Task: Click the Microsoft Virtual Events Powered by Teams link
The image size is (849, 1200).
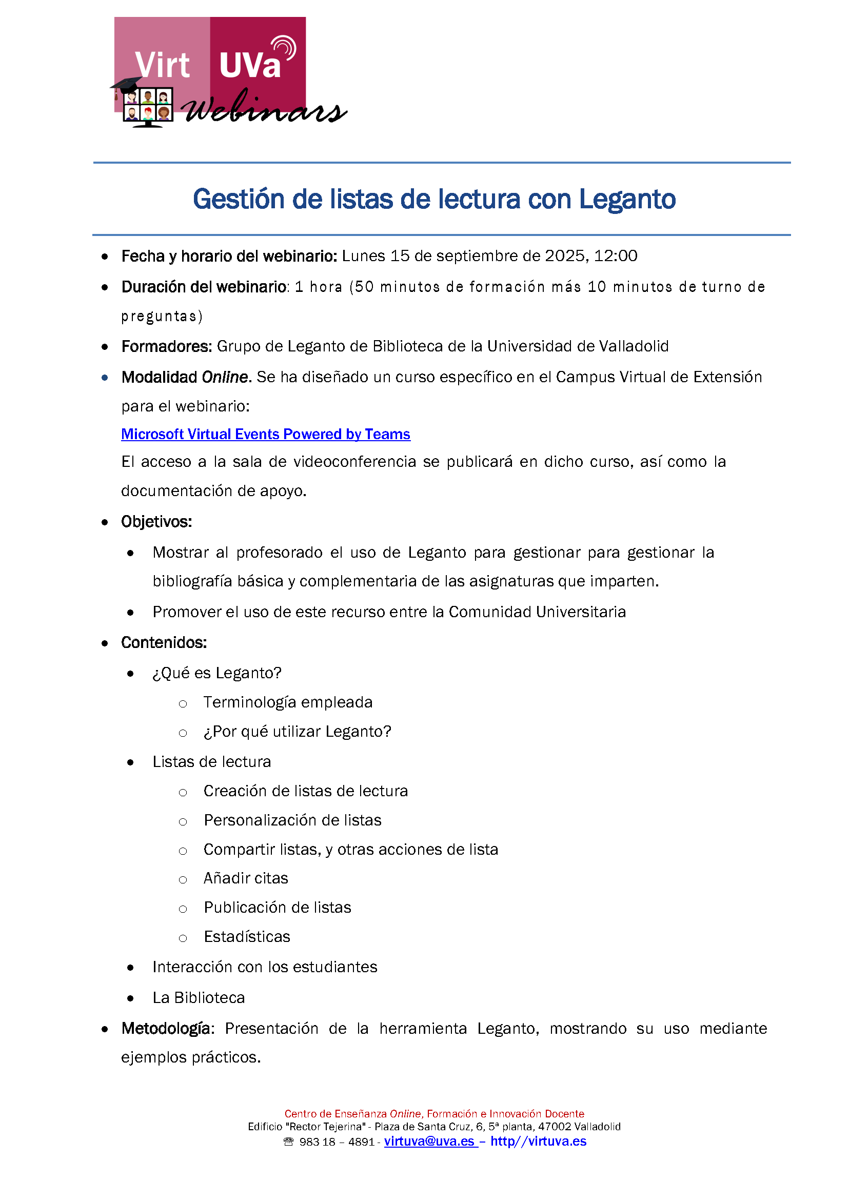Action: (x=266, y=434)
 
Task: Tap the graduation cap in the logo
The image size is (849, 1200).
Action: (x=126, y=84)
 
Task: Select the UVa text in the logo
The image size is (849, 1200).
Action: (x=250, y=66)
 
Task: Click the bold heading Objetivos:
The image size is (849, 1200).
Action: (x=156, y=521)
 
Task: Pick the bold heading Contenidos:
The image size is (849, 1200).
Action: (x=164, y=642)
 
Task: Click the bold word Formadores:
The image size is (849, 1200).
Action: (x=166, y=346)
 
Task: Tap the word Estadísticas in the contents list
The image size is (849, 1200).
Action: (x=247, y=936)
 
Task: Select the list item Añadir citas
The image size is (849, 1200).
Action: (x=246, y=878)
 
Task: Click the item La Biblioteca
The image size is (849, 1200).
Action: (x=199, y=998)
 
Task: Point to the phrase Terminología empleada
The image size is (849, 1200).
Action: (x=288, y=702)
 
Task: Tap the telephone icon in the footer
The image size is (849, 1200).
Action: (x=289, y=1142)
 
